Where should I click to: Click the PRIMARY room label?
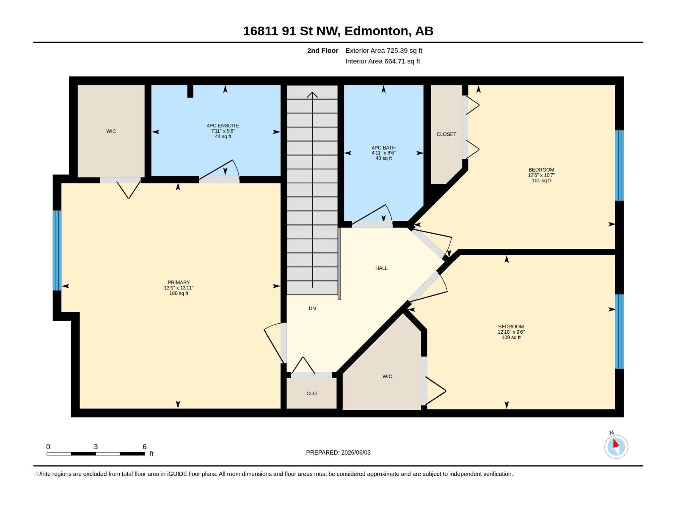click(179, 282)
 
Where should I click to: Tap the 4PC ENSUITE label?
click(223, 125)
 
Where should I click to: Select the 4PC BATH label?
click(383, 148)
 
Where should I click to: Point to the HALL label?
click(381, 268)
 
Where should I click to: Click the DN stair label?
click(312, 308)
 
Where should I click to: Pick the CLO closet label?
click(311, 393)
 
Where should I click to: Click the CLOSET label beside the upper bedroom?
click(446, 134)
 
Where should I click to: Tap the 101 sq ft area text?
click(541, 180)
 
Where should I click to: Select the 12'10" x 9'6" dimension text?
click(511, 332)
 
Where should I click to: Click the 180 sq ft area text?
click(179, 293)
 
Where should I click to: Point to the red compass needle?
click(615, 444)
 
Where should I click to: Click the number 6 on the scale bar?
click(144, 446)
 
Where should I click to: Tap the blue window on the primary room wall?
click(57, 250)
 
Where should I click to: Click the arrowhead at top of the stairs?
click(312, 95)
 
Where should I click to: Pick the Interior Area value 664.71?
click(394, 61)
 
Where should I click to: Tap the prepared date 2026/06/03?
click(355, 452)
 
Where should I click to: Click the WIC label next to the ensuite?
click(111, 131)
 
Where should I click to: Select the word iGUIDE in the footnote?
click(177, 474)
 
